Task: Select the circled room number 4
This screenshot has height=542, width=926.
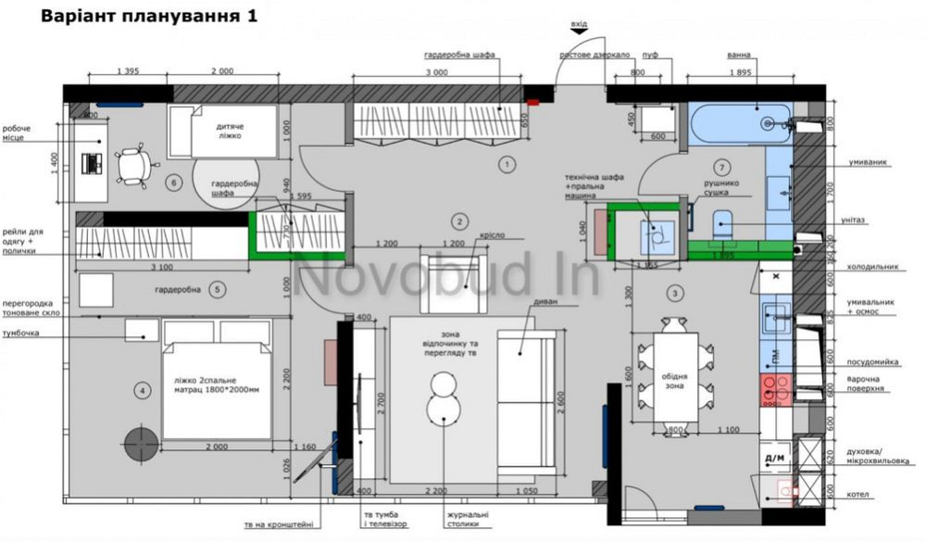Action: point(142,391)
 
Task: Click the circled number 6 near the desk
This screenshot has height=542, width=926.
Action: point(172,183)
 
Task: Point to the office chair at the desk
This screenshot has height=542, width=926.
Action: point(134,163)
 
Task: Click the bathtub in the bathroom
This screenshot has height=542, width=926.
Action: point(740,121)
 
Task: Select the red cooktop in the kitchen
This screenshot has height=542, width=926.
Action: point(774,390)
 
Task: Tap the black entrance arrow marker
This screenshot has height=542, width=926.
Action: point(580,32)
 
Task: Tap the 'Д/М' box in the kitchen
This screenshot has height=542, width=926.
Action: point(773,458)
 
